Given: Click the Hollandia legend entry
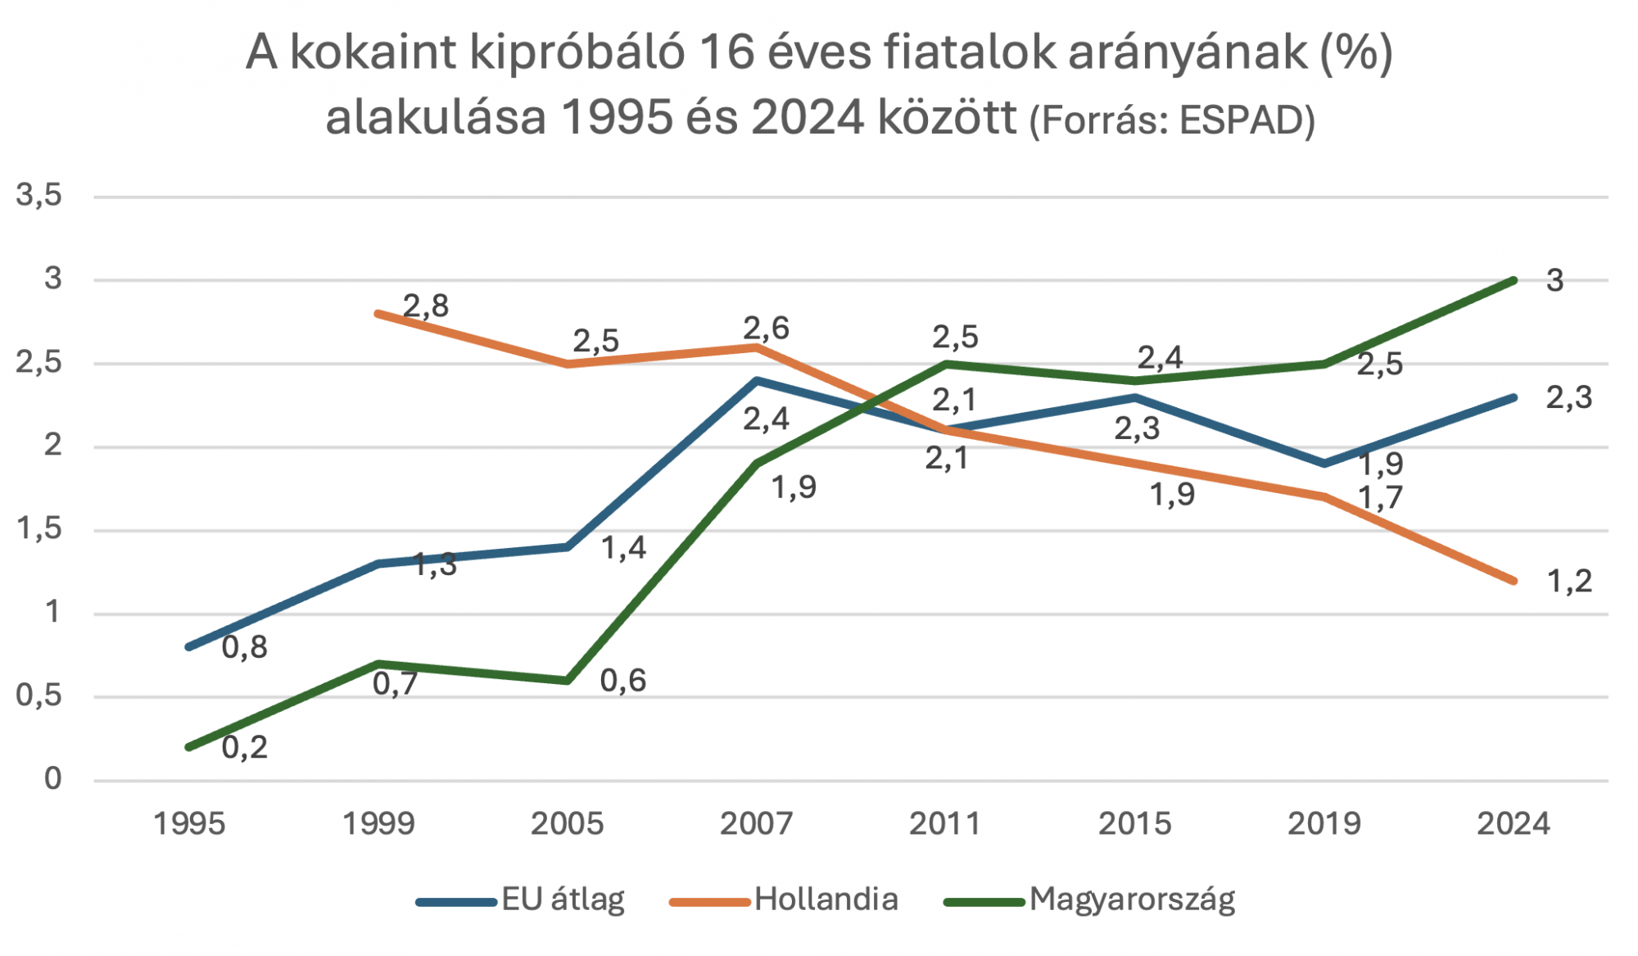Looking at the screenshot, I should [826, 899].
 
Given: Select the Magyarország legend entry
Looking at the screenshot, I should [1131, 899].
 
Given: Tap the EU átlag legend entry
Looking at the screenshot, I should [563, 899].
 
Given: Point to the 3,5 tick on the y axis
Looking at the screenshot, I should [39, 196].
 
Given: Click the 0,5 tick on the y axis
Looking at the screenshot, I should [39, 696].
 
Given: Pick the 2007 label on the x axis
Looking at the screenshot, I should [756, 823].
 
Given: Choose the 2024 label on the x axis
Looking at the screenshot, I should [1513, 823].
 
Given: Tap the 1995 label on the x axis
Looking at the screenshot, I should [189, 823].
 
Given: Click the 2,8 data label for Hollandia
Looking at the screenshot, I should [426, 306].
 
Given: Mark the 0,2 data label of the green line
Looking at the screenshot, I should [245, 747].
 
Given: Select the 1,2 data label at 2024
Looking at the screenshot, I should [1568, 582].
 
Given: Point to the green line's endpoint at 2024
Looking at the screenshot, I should [1513, 280].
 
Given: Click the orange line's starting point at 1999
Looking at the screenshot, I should [378, 314].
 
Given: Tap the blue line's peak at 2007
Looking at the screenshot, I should [757, 380].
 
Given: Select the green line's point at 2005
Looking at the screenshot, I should [568, 681].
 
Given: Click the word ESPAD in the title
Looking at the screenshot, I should [1242, 121].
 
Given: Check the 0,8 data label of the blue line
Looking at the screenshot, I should [245, 647].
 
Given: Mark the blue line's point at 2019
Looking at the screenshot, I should [1324, 464].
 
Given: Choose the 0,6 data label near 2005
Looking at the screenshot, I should [623, 681].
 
